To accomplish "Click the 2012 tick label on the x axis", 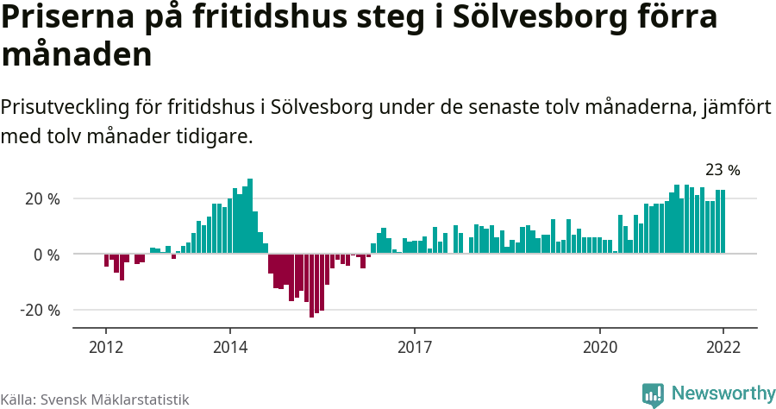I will pos(106,348).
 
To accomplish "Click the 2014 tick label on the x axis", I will pos(229,348).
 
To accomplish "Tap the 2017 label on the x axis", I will pos(415,348).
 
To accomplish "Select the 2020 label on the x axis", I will pos(600,348).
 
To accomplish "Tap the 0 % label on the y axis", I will pos(47,255).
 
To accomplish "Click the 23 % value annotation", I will pos(723,170).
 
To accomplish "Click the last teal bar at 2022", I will pos(723,222).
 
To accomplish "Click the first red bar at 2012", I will pos(106,261).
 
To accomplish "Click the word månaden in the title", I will pos(77,54).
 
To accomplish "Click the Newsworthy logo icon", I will pos(653,394).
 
